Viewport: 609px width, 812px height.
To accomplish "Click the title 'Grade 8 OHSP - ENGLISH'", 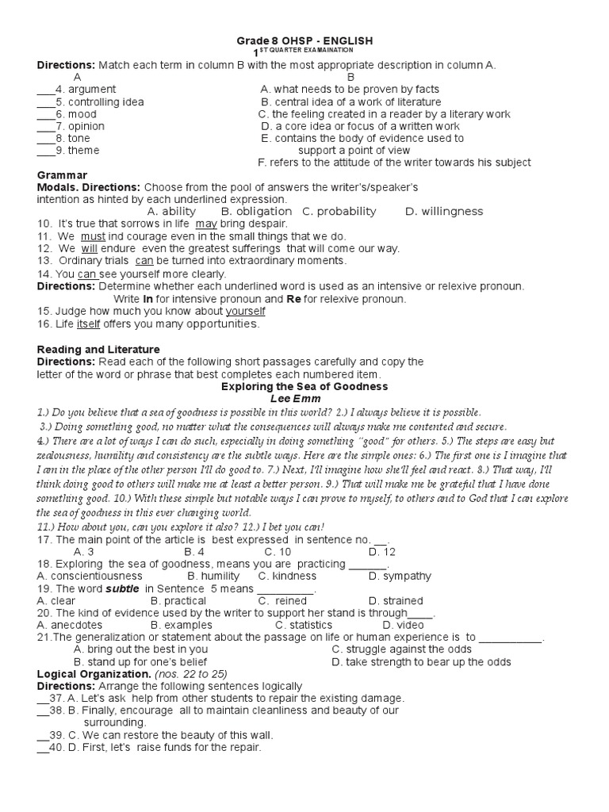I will [x=304, y=40].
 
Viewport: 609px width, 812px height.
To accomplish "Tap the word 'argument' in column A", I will [x=91, y=89].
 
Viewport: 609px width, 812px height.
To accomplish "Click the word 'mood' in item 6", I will [x=81, y=114].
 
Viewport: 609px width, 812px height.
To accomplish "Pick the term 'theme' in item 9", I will [x=84, y=151].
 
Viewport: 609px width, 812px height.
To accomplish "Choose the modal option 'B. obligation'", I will [x=256, y=212].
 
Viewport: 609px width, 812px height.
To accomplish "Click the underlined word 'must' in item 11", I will [x=93, y=236].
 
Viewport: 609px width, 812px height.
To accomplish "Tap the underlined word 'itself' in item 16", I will [x=88, y=324].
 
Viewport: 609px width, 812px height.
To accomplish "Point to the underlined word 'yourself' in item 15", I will [x=245, y=311].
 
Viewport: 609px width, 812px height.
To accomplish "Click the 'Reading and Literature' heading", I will [x=98, y=349].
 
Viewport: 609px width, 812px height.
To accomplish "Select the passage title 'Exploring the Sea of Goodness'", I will [x=304, y=386].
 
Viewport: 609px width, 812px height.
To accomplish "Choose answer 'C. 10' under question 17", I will [x=278, y=551].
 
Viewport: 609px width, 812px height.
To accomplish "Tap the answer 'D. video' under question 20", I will [x=391, y=625].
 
